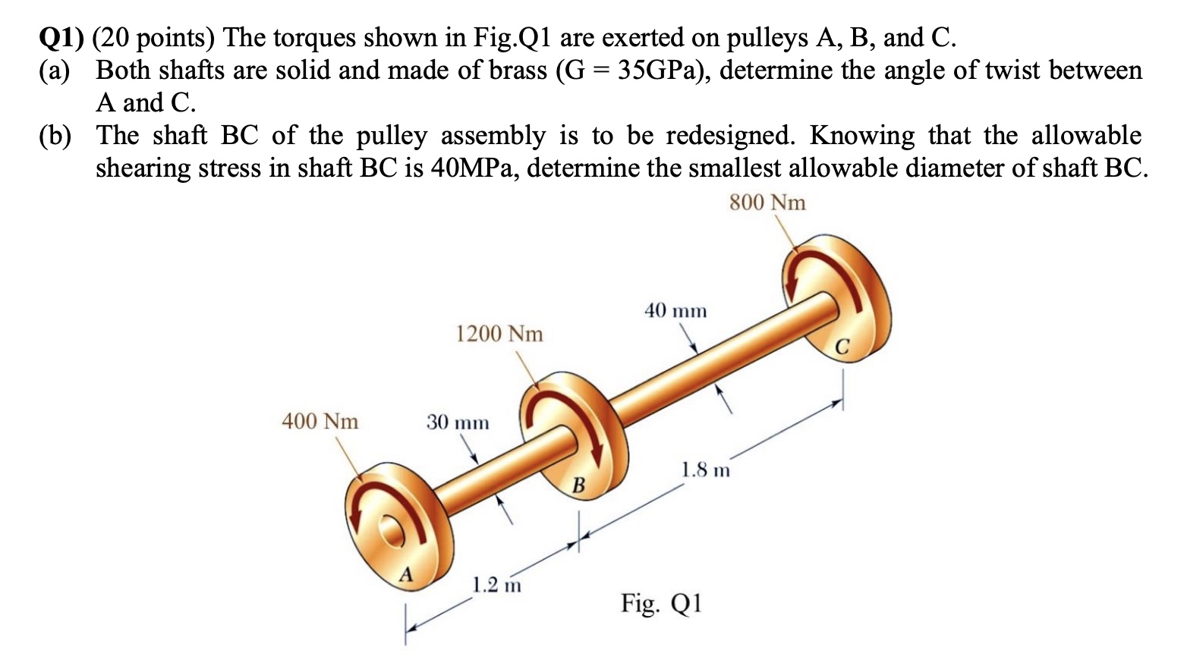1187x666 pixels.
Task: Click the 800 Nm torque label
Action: click(767, 203)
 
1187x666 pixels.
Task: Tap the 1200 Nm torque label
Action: click(499, 334)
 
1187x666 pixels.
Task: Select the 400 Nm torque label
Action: click(320, 421)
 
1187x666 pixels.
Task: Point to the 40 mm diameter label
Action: click(675, 311)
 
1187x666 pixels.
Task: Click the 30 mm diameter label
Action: click(457, 422)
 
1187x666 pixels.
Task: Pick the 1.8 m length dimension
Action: click(705, 470)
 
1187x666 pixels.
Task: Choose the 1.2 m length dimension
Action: click(496, 586)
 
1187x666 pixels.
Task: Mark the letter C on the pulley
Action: click(842, 347)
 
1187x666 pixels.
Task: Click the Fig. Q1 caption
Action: click(662, 604)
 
